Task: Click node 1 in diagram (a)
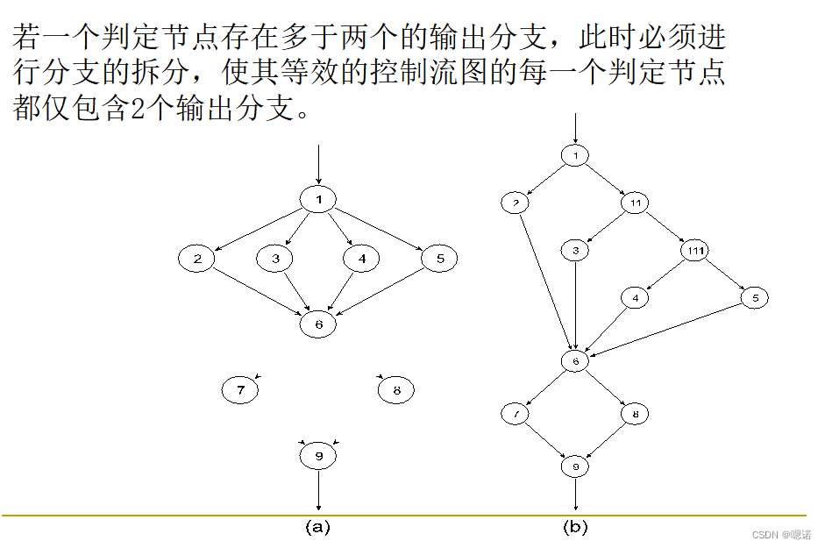[318, 200]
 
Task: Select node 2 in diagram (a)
[197, 259]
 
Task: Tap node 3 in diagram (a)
[275, 259]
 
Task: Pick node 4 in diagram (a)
[361, 259]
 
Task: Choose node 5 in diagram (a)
[439, 259]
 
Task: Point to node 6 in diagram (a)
[318, 324]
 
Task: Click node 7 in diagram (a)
[240, 389]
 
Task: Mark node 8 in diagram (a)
[396, 389]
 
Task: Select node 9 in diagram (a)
[318, 455]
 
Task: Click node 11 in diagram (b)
[635, 203]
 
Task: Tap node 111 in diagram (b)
[694, 251]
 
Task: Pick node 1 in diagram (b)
[575, 156]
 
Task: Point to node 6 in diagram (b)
[575, 361]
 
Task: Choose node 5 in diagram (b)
[754, 298]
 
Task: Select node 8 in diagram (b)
[635, 413]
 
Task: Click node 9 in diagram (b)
[575, 466]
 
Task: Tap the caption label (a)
[316, 527]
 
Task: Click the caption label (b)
[575, 527]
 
